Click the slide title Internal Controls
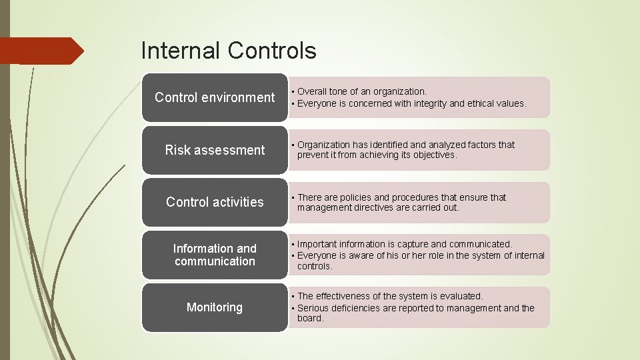point(229,51)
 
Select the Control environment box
point(215,97)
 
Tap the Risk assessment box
point(215,150)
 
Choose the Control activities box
point(215,202)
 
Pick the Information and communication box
point(215,255)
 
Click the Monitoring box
point(215,307)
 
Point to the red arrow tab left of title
point(40,51)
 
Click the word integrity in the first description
point(431,103)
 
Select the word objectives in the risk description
point(435,155)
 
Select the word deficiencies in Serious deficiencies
point(359,308)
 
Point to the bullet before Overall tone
point(292,91)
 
